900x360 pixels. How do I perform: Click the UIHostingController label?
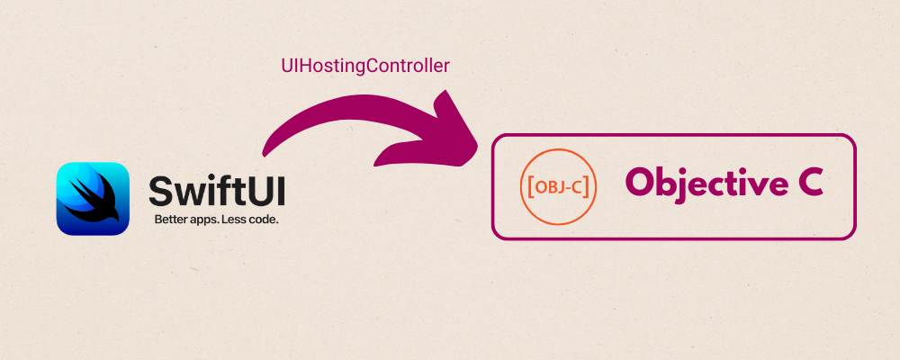point(365,66)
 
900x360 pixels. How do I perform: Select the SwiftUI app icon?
point(93,198)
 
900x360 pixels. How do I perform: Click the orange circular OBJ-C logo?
point(558,187)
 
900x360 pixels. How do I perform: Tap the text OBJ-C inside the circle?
point(558,187)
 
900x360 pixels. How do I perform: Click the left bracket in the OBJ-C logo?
point(530,187)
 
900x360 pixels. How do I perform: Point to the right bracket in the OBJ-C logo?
point(587,187)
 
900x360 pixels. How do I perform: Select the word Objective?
point(699,183)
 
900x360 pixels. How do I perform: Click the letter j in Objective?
point(684,184)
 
